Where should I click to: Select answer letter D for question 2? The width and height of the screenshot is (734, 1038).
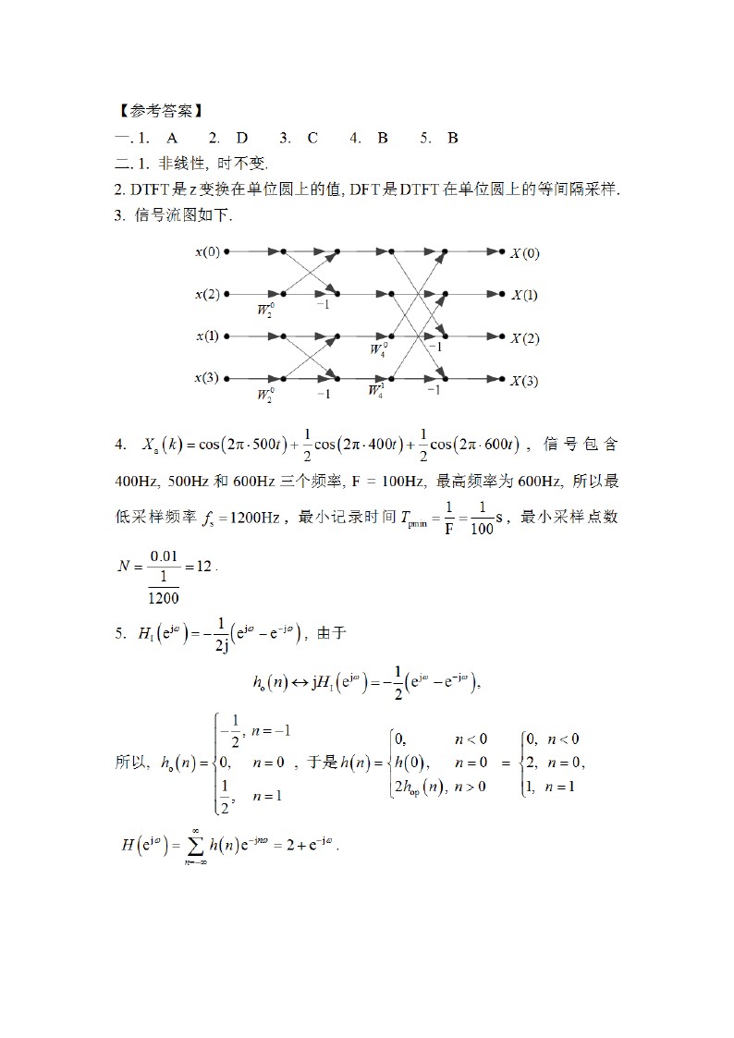click(242, 138)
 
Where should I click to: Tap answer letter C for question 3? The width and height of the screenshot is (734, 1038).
click(312, 138)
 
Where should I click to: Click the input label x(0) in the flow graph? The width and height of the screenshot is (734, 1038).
click(208, 251)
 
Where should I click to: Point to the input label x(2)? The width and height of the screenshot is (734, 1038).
click(208, 294)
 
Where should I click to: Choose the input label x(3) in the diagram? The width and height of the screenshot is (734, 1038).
click(208, 378)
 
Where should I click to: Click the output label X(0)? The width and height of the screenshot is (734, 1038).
click(524, 253)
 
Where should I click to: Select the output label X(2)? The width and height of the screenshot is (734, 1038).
click(524, 338)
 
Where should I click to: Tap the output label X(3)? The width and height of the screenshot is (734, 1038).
click(524, 381)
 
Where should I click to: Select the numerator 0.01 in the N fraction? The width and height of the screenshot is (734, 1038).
click(163, 555)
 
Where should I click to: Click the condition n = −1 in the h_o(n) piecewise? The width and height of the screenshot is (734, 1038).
click(273, 730)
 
